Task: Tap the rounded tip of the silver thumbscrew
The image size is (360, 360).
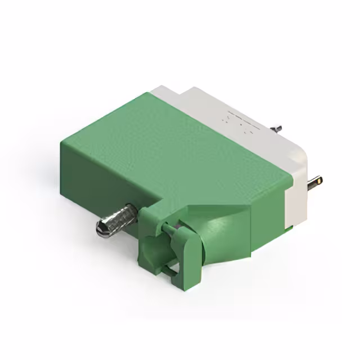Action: pos(101,228)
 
